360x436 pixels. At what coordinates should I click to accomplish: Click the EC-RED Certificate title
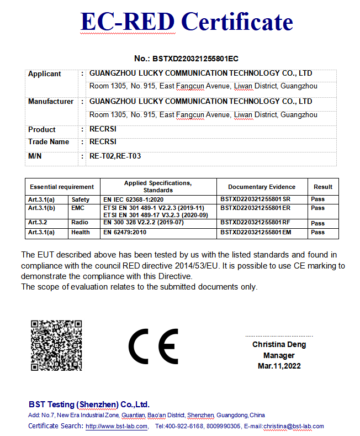point(186,22)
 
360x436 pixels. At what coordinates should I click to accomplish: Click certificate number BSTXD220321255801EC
point(186,59)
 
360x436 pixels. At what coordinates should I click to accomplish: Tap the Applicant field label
point(45,73)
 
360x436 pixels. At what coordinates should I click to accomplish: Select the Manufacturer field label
point(51,101)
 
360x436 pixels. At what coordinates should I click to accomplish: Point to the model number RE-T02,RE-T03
point(115,156)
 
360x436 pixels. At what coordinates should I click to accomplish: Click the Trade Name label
point(49,142)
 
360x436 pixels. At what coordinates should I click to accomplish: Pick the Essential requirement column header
point(62,187)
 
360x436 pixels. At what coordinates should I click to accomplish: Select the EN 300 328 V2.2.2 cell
point(143,222)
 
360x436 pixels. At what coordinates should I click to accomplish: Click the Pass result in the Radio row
point(317,223)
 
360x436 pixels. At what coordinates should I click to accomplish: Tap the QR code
point(56,345)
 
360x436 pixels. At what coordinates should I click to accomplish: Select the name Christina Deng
point(279,344)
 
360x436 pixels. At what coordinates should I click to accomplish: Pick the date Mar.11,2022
point(279,366)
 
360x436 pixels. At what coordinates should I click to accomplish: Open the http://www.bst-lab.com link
point(117,426)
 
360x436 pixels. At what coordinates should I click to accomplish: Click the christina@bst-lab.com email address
point(293,426)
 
